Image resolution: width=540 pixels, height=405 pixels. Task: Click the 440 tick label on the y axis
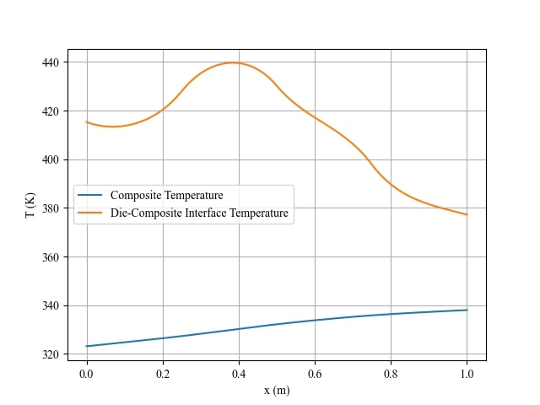tap(50, 62)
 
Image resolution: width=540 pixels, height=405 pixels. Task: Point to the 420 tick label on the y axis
tap(50, 111)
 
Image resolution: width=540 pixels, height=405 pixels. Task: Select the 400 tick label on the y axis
tap(50, 159)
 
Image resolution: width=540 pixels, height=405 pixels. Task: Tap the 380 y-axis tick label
tap(50, 208)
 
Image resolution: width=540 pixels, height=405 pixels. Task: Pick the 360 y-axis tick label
tap(50, 257)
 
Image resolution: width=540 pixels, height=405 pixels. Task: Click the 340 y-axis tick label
tap(50, 305)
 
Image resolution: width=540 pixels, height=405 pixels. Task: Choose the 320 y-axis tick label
tap(50, 354)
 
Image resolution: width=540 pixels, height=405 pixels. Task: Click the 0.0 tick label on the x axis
tap(87, 373)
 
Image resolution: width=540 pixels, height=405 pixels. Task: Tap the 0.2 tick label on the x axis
tap(163, 373)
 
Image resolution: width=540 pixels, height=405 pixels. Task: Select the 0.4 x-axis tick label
tap(239, 373)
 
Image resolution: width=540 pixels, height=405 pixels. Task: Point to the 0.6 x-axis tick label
tap(315, 373)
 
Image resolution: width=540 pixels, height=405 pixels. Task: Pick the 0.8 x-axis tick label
tap(391, 373)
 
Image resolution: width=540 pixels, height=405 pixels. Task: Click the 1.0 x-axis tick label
tap(467, 373)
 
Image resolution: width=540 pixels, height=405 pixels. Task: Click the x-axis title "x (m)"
tap(277, 390)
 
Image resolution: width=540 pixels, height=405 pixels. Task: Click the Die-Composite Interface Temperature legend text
tap(199, 213)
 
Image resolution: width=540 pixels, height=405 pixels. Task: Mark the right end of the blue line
tap(467, 310)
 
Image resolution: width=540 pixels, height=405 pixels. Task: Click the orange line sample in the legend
tap(90, 213)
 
